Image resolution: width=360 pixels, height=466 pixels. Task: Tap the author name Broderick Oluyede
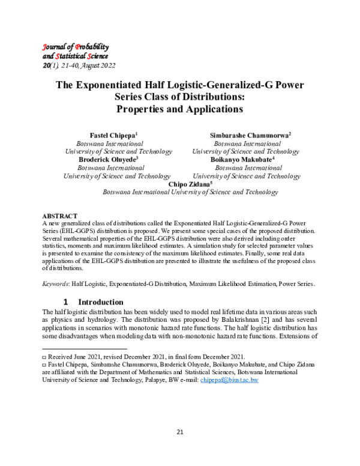108,160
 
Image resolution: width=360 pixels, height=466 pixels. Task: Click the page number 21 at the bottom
179,432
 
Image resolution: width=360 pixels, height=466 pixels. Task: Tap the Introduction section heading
101,301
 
